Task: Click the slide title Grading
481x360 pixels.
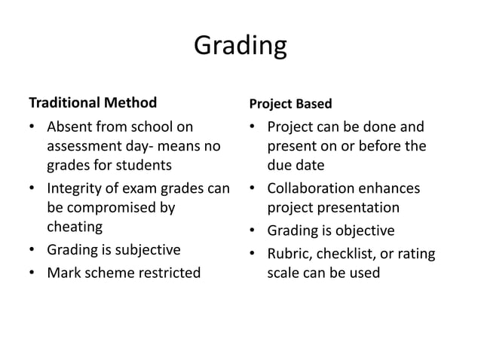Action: pyautogui.click(x=240, y=46)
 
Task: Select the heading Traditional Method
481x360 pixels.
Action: pyautogui.click(x=93, y=102)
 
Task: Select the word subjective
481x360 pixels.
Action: pyautogui.click(x=143, y=249)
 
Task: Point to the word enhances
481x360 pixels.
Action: pyautogui.click(x=393, y=188)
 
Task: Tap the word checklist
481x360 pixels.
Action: pyautogui.click(x=345, y=253)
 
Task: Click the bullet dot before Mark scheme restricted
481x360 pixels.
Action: pyautogui.click(x=32, y=271)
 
